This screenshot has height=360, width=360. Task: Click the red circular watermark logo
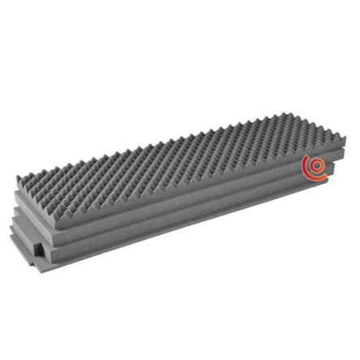pos(315,167)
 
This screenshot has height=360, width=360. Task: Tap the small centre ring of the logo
pos(316,168)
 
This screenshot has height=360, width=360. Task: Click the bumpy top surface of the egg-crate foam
pos(178,150)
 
